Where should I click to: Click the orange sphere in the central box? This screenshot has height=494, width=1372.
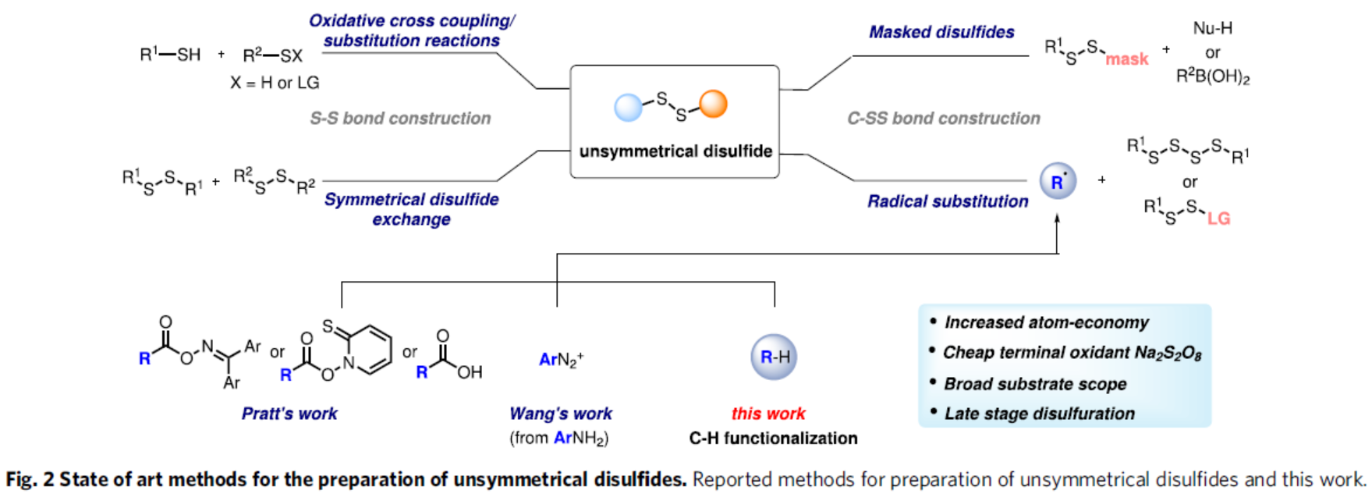coord(713,104)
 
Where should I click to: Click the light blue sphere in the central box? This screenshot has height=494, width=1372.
coord(628,107)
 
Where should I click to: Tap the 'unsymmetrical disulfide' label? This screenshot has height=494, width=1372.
coord(675,151)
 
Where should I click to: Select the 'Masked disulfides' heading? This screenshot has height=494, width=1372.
coord(941,33)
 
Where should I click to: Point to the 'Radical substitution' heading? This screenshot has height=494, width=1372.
coord(948,201)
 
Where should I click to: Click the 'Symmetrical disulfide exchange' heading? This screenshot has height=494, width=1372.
coord(411,209)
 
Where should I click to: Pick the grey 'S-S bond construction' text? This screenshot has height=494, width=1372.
coord(400,119)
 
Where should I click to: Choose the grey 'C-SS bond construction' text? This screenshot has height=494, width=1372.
coord(944,119)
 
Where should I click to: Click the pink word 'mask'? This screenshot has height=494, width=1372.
coord(1126,59)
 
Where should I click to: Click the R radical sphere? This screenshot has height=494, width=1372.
coord(1058,182)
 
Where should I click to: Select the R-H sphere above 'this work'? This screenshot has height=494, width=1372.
coord(774,357)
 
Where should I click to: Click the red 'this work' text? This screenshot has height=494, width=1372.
coord(768,414)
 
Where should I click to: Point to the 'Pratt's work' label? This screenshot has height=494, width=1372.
coord(289,414)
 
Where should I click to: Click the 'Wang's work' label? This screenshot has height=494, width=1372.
coord(560,414)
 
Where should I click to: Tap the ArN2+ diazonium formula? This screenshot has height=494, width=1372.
coord(561,360)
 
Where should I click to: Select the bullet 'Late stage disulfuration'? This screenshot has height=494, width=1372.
coord(1039,414)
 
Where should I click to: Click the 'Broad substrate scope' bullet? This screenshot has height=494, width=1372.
coord(1035,384)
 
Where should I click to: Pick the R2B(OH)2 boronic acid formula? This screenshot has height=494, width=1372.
coord(1213,77)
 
